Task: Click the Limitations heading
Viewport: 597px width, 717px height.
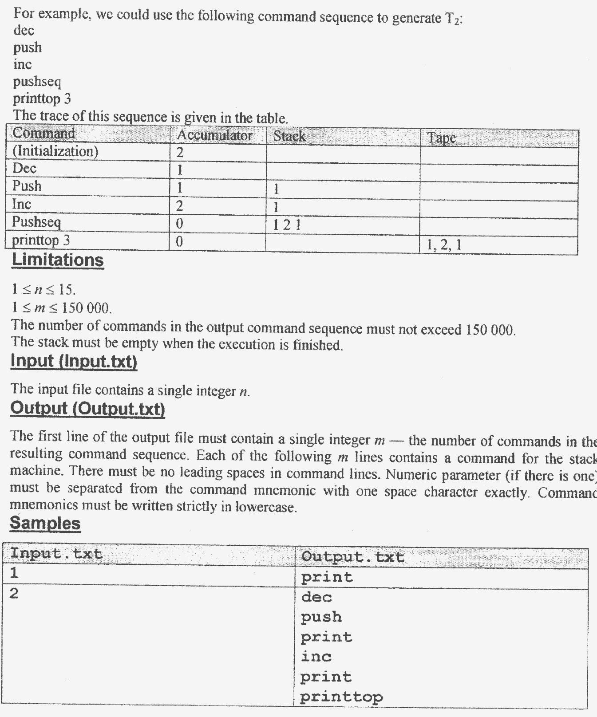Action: click(x=58, y=260)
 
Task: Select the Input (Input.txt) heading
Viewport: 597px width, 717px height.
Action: click(x=74, y=361)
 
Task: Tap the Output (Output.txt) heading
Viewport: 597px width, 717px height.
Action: click(x=87, y=408)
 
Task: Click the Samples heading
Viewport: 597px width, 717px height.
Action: click(x=45, y=523)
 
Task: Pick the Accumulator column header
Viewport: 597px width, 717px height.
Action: click(x=214, y=136)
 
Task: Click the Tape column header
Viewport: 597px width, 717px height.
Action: click(x=441, y=138)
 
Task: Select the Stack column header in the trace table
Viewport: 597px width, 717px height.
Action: click(x=289, y=136)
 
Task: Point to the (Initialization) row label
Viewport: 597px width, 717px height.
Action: click(x=55, y=151)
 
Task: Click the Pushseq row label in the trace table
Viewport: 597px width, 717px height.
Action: click(x=36, y=222)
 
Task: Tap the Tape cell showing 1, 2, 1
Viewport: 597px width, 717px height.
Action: click(x=444, y=245)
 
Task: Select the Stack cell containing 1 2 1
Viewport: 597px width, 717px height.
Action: click(x=287, y=225)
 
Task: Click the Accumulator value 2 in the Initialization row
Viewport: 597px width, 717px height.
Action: click(x=180, y=153)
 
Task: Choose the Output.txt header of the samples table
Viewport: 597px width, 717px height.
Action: click(x=352, y=557)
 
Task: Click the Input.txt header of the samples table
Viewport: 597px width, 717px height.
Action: click(x=56, y=554)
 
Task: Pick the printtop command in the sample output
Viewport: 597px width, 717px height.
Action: click(x=341, y=697)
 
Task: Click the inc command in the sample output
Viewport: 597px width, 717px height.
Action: click(x=316, y=657)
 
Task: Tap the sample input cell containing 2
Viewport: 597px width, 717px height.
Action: click(x=14, y=594)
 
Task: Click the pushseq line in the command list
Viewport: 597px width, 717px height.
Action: click(x=37, y=82)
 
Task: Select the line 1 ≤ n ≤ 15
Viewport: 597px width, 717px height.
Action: click(x=43, y=290)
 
